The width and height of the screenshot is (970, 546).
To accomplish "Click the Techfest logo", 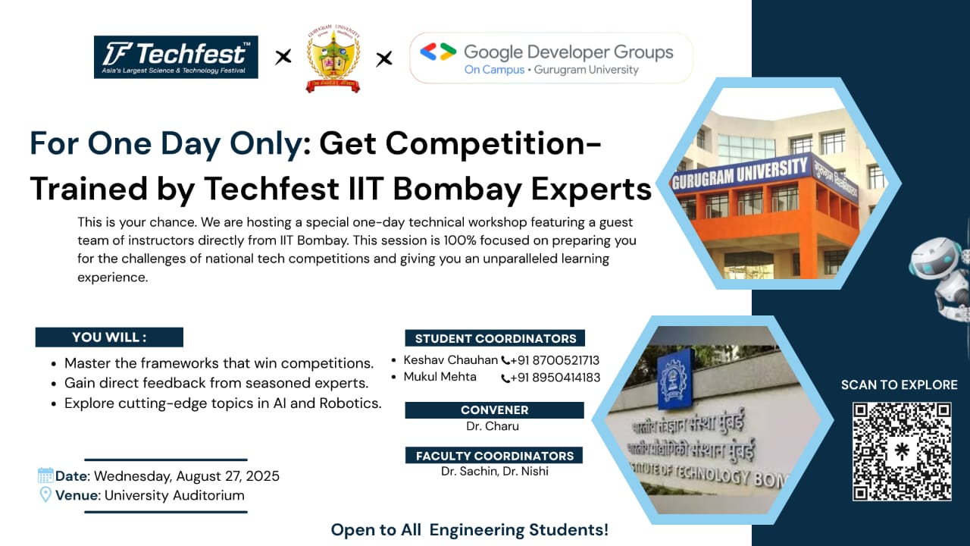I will point(176,57).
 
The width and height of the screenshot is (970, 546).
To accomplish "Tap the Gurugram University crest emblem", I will point(333,58).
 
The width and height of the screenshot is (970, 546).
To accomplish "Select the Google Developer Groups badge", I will point(551,58).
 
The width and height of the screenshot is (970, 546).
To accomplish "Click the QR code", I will point(901,451).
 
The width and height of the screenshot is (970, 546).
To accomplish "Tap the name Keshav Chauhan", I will point(450,360).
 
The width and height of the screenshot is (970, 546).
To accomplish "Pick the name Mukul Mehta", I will point(440,377).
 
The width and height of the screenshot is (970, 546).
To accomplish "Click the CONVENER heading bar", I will point(494,410).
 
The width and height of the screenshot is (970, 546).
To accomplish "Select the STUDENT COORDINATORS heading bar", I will point(495,338).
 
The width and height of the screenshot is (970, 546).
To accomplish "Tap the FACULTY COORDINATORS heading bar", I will point(495,456).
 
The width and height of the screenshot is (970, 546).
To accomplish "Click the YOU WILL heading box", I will point(109,337).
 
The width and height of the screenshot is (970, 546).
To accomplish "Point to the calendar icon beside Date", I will point(45,475).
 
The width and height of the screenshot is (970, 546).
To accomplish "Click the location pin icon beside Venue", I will point(45,495).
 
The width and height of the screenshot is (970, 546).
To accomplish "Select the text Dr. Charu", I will point(493,426).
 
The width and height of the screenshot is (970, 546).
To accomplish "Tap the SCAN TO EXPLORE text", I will point(899,385).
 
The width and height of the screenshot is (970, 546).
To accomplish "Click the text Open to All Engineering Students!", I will point(470,530).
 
